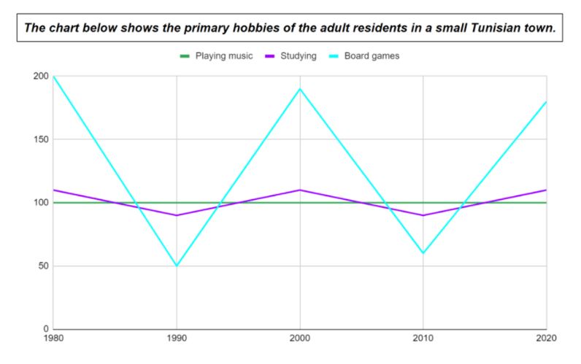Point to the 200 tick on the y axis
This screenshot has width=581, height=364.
point(40,77)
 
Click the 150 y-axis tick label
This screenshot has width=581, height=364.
point(40,139)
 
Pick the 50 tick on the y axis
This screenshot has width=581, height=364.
point(42,266)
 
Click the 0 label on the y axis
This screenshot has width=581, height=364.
point(45,329)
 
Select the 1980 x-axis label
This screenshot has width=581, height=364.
point(53,339)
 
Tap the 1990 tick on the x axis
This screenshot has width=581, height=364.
point(177,339)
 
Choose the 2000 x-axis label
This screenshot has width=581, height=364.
point(300,339)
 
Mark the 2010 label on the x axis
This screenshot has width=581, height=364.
point(423,339)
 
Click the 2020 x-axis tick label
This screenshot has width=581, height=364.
point(546,339)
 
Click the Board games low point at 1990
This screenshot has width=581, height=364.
point(177,266)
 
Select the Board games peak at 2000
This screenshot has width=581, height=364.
point(300,89)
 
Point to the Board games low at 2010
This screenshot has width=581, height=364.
point(423,253)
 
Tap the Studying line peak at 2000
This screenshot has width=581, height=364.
point(300,190)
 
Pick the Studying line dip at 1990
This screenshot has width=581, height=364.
point(177,215)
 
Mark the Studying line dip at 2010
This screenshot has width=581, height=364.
point(423,215)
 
